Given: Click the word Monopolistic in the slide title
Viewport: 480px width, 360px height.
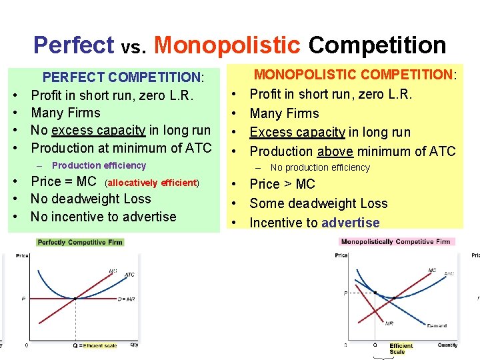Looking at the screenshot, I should tap(227, 45).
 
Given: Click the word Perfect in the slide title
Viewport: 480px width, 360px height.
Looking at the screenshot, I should tap(74, 45).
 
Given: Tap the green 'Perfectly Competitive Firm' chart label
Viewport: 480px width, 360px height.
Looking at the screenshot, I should tap(80, 242).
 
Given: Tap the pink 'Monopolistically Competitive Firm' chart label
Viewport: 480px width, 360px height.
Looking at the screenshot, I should tap(395, 241).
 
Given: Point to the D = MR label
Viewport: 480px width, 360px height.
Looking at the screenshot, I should tap(126, 299).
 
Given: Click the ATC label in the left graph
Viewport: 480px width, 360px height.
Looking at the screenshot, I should tap(129, 275).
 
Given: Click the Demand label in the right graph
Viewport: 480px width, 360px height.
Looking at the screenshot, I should tap(437, 326).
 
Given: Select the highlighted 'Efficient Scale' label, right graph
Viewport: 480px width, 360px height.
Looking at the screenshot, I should tap(401, 348).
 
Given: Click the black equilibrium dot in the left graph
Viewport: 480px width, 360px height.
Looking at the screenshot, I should tap(75, 298).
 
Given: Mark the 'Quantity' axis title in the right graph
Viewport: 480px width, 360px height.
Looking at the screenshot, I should tap(447, 345).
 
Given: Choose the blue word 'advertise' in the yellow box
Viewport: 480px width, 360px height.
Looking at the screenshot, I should tap(350, 223).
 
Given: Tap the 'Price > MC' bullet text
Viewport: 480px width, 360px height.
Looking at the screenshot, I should tap(282, 184).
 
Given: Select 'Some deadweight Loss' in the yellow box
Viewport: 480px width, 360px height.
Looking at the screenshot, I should tap(318, 203).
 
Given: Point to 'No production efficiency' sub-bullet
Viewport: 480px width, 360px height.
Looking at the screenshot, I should tap(320, 168).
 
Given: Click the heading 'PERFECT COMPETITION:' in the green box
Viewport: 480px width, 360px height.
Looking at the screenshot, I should tap(123, 78).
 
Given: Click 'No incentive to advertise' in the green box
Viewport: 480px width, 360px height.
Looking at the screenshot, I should tap(103, 217).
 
